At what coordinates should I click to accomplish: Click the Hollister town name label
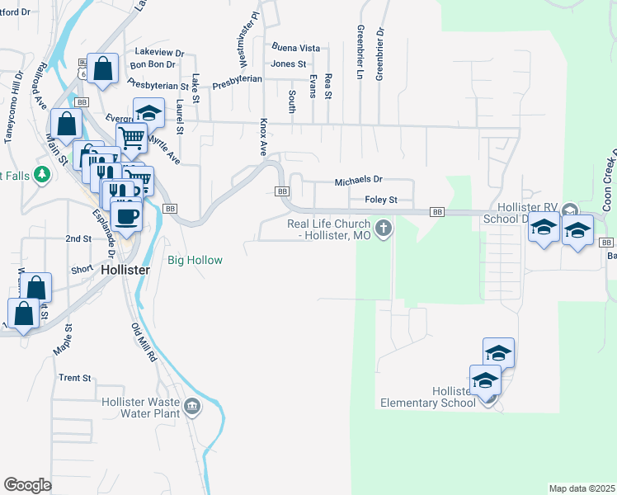click(x=125, y=270)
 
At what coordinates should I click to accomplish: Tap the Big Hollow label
click(x=195, y=261)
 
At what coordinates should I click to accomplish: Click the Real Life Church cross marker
click(x=383, y=228)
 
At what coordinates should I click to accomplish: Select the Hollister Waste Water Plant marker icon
click(x=192, y=406)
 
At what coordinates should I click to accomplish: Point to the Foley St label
click(x=381, y=200)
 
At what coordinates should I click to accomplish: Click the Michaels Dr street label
click(x=359, y=180)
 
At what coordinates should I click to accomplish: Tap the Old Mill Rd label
click(x=144, y=342)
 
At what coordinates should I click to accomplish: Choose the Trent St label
click(x=74, y=378)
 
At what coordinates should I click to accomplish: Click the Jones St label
click(x=289, y=64)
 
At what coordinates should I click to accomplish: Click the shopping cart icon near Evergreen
click(x=131, y=138)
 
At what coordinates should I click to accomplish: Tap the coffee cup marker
click(x=126, y=216)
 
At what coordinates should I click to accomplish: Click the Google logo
click(x=27, y=485)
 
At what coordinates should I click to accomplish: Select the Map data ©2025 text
click(x=581, y=488)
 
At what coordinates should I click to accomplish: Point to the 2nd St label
click(x=78, y=238)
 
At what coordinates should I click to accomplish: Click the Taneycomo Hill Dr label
click(x=14, y=107)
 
